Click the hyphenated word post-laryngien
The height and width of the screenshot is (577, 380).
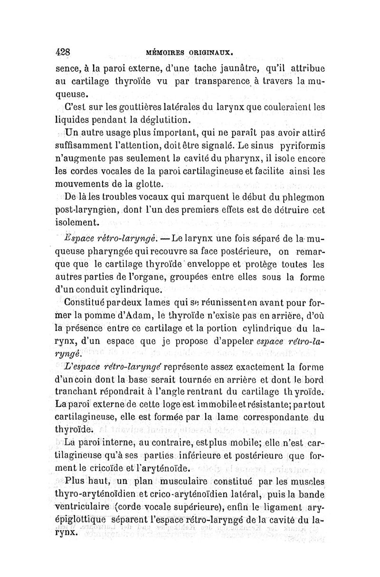pyautogui.click(x=90, y=209)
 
